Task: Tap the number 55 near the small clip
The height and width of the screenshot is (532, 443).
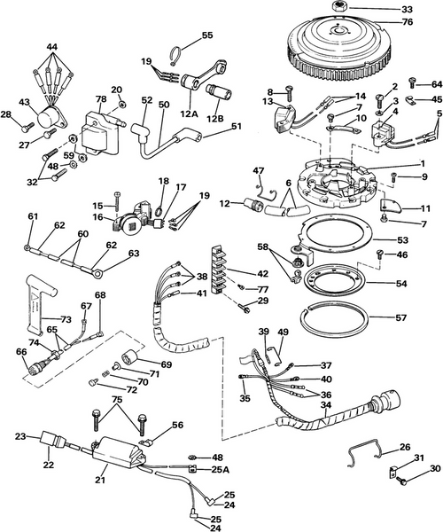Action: point(207,35)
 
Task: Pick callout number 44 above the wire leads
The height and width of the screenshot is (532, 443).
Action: point(52,46)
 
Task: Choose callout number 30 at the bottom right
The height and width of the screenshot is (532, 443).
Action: point(434,469)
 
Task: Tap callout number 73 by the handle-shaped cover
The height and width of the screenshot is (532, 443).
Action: point(42,318)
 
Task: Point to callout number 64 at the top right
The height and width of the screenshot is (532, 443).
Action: point(436,84)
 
